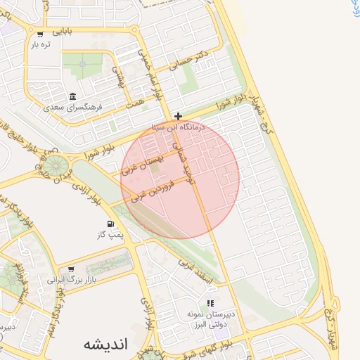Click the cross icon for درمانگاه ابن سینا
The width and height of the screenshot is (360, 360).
point(179,116)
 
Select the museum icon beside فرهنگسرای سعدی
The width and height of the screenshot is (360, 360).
point(72,97)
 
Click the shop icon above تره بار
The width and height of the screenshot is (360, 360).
point(39,34)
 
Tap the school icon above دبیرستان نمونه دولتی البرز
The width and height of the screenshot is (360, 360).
point(210,303)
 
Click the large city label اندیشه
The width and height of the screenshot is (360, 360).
point(105,345)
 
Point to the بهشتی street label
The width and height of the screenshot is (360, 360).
point(119,79)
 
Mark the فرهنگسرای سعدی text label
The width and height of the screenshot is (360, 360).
point(73,108)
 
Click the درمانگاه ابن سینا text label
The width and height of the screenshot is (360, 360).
point(178,128)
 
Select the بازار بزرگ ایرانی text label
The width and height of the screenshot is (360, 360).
point(70,279)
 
